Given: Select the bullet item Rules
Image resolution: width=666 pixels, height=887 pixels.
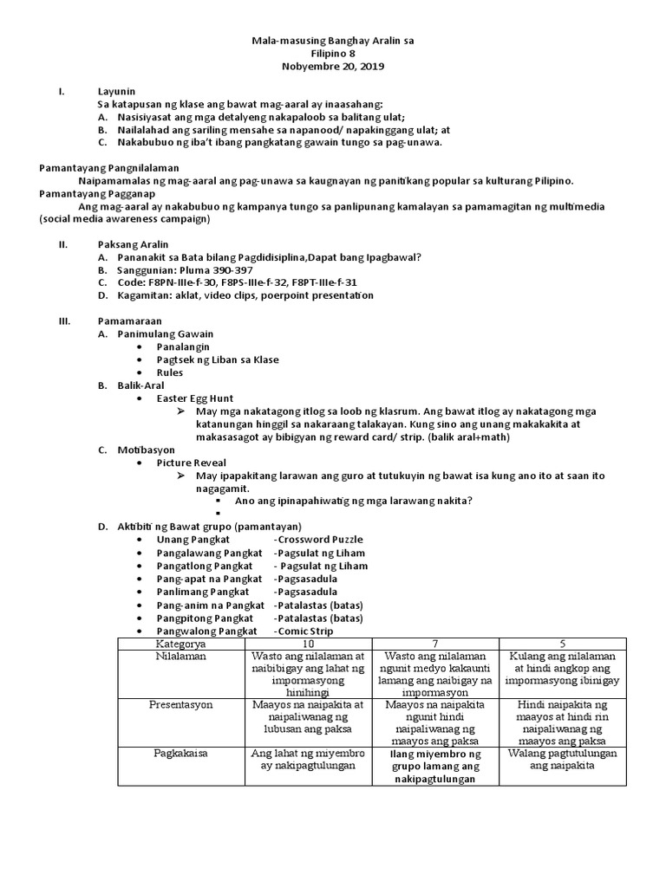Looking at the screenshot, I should (169, 372).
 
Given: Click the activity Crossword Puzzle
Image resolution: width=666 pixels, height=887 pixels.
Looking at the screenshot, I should (319, 540).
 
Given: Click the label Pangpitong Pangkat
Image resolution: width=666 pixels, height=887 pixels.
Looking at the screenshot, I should (205, 618).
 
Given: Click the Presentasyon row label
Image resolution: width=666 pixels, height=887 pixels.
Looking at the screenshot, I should (180, 705).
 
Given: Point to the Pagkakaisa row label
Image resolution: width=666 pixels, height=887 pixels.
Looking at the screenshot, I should (180, 754).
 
